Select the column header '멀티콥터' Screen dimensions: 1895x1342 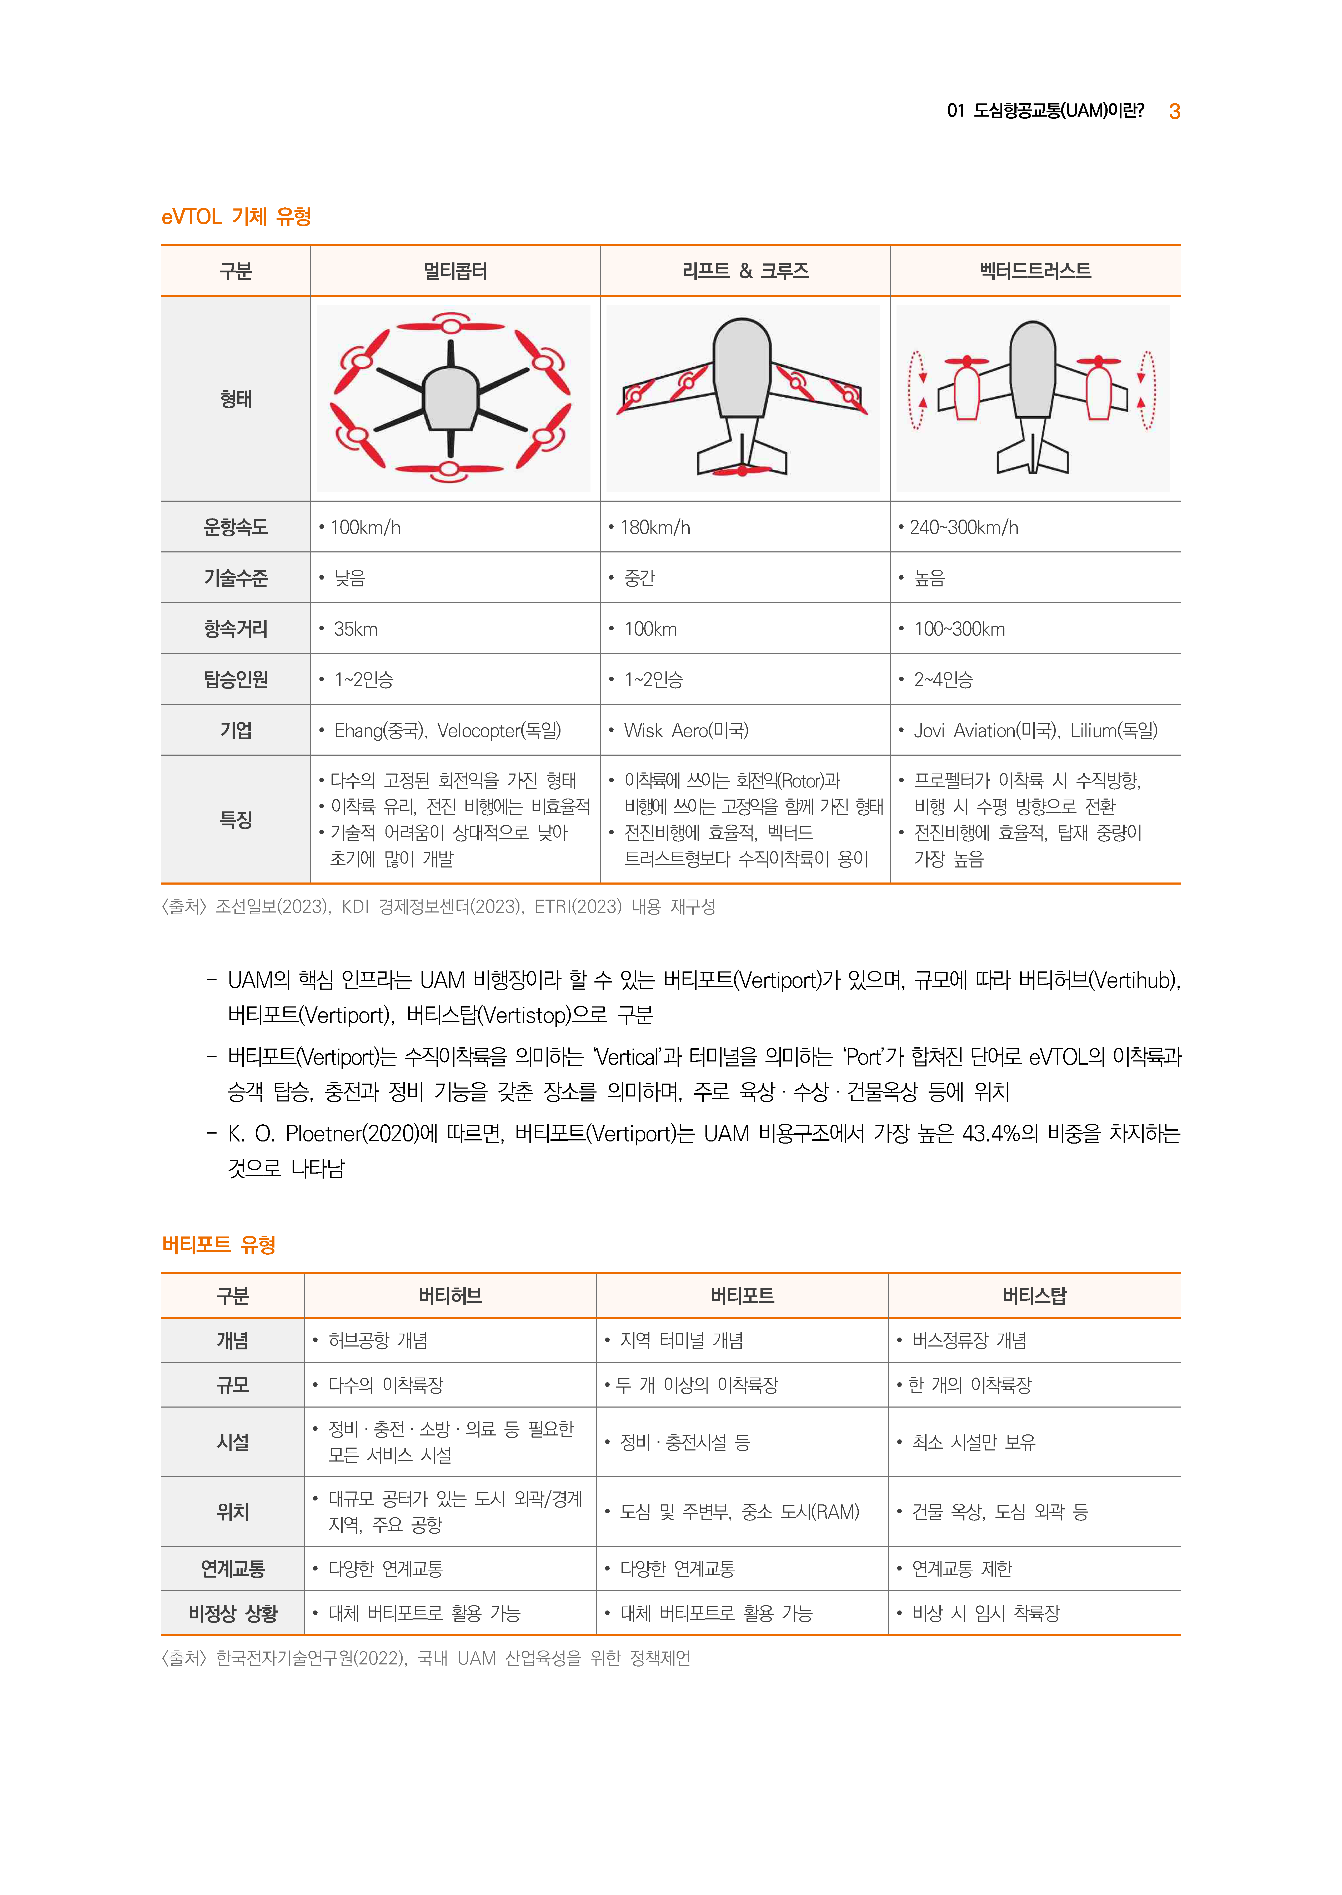point(455,271)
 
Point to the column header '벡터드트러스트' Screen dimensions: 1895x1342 point(1035,271)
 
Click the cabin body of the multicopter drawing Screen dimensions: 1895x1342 point(450,398)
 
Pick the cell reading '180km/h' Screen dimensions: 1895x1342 point(654,527)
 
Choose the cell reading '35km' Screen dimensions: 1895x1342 point(355,629)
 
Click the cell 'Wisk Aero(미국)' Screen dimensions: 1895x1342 point(686,731)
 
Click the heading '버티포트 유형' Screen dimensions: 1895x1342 point(218,1245)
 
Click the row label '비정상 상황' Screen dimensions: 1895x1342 point(233,1613)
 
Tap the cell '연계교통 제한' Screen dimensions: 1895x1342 point(962,1569)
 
